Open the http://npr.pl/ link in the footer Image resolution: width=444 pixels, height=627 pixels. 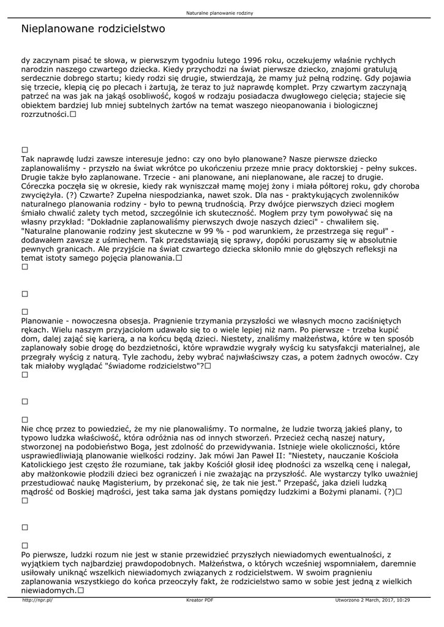point(37,601)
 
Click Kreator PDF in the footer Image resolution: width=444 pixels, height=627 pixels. point(200,601)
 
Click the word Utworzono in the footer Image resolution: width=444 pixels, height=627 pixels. point(348,601)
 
